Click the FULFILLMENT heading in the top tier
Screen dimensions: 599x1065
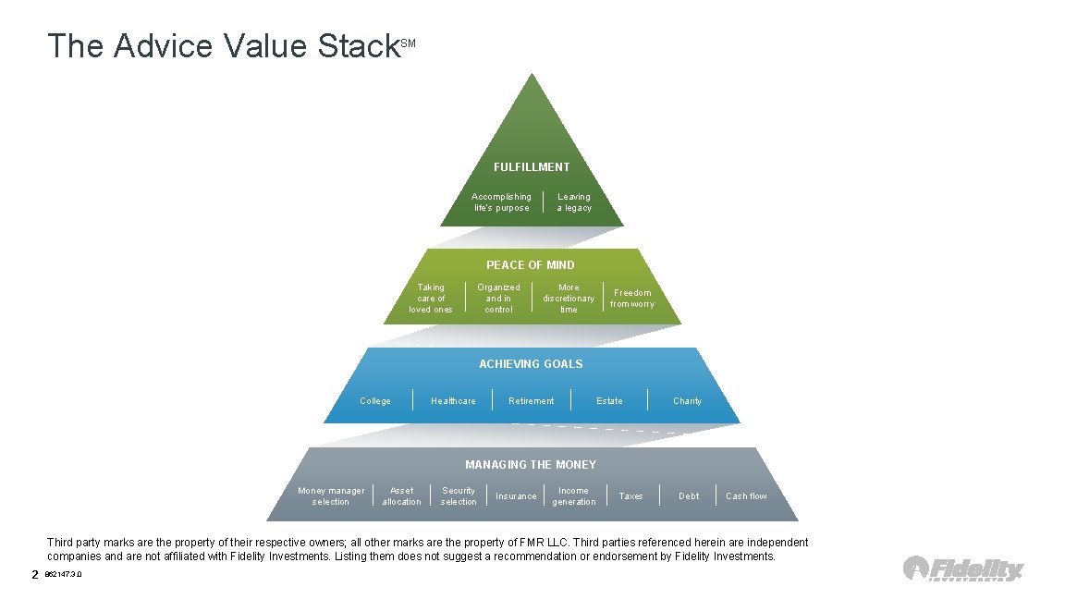pyautogui.click(x=532, y=167)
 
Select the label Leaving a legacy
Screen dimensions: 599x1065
pyautogui.click(x=573, y=202)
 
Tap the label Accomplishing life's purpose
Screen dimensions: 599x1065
pyautogui.click(x=501, y=202)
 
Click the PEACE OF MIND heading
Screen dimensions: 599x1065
pyautogui.click(x=531, y=265)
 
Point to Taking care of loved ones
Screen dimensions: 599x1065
pyautogui.click(x=431, y=299)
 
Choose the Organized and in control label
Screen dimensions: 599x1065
pyautogui.click(x=498, y=299)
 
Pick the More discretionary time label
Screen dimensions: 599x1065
pyautogui.click(x=569, y=299)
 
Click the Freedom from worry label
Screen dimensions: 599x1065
pyautogui.click(x=632, y=299)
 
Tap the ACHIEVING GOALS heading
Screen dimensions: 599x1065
pyautogui.click(x=531, y=364)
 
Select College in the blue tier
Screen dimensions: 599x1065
pyautogui.click(x=375, y=401)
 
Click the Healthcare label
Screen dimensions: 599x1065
pyautogui.click(x=453, y=401)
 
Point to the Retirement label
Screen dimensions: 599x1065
pyautogui.click(x=532, y=401)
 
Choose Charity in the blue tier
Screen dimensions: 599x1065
pyautogui.click(x=687, y=401)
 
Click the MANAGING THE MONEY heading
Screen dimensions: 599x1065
pyautogui.click(x=531, y=465)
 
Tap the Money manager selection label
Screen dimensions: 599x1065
pyautogui.click(x=331, y=496)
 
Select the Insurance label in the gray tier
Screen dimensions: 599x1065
pyautogui.click(x=516, y=496)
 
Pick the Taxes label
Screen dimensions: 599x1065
pyautogui.click(x=630, y=496)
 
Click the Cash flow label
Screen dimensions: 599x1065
pyautogui.click(x=746, y=496)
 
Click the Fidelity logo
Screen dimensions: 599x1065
pyautogui.click(x=963, y=568)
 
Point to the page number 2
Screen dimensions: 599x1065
pyautogui.click(x=35, y=575)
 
